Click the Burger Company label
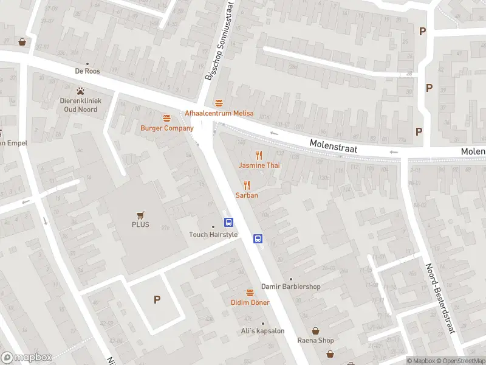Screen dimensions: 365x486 click(166, 128)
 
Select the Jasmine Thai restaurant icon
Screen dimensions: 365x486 click(259, 155)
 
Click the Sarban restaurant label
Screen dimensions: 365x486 click(247, 195)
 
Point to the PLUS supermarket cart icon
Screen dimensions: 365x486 click(141, 215)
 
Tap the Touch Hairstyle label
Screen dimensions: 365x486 click(213, 234)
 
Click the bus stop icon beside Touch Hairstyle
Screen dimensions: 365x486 click(229, 223)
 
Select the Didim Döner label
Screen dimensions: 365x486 click(250, 302)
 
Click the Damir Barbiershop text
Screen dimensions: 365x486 click(290, 287)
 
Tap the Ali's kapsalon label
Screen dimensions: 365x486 click(263, 330)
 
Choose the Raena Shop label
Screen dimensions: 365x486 click(315, 340)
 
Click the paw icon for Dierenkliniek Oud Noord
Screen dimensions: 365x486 click(80, 91)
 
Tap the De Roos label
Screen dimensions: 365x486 click(87, 71)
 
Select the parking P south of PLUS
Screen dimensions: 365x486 click(157, 299)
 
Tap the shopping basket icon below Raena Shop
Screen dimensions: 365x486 click(330, 353)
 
